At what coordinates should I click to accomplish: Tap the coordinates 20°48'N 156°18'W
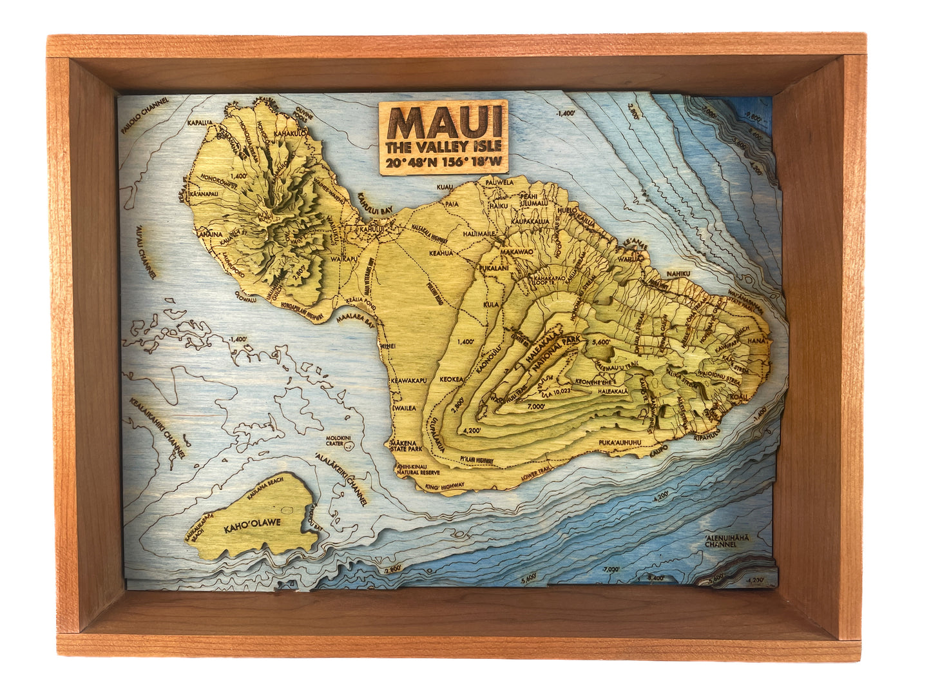[x=444, y=162]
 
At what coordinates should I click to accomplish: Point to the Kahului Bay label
[x=375, y=206]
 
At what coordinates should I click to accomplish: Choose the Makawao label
[x=517, y=251]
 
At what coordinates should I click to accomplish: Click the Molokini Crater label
[x=338, y=441]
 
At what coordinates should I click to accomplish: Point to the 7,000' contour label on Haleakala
[x=535, y=406]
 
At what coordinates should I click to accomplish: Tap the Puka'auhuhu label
[x=620, y=443]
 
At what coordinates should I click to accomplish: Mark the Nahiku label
[x=678, y=273]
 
